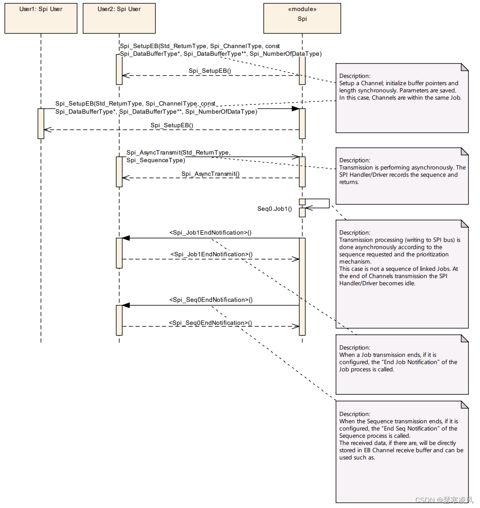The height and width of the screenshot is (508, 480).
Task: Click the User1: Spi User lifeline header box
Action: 41,18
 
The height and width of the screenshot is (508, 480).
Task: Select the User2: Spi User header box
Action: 119,18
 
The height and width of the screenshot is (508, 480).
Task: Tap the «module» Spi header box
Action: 302,18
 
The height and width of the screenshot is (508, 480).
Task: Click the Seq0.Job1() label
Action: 275,209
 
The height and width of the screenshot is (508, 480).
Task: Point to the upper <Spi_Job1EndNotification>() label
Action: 210,232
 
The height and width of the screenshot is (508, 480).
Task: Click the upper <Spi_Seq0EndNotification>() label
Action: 211,300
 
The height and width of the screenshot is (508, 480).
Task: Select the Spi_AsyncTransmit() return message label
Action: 210,174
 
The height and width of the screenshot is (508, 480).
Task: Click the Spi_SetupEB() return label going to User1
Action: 172,125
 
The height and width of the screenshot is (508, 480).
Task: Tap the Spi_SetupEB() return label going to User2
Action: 210,71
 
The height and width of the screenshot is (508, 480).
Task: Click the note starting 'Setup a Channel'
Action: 402,98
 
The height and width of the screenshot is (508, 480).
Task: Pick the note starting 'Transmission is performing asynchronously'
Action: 402,176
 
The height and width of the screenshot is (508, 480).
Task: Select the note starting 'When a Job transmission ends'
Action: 402,364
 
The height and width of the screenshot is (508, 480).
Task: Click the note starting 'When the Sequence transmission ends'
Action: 402,451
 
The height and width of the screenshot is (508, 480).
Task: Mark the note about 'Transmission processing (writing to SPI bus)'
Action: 402,274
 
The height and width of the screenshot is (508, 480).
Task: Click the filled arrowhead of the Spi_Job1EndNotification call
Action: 126,238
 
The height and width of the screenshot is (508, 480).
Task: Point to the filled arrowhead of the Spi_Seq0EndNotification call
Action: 126,305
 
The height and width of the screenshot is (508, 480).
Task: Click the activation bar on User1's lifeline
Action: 41,123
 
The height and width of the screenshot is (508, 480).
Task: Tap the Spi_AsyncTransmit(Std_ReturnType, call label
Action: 178,152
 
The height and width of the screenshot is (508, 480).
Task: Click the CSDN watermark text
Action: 444,500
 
